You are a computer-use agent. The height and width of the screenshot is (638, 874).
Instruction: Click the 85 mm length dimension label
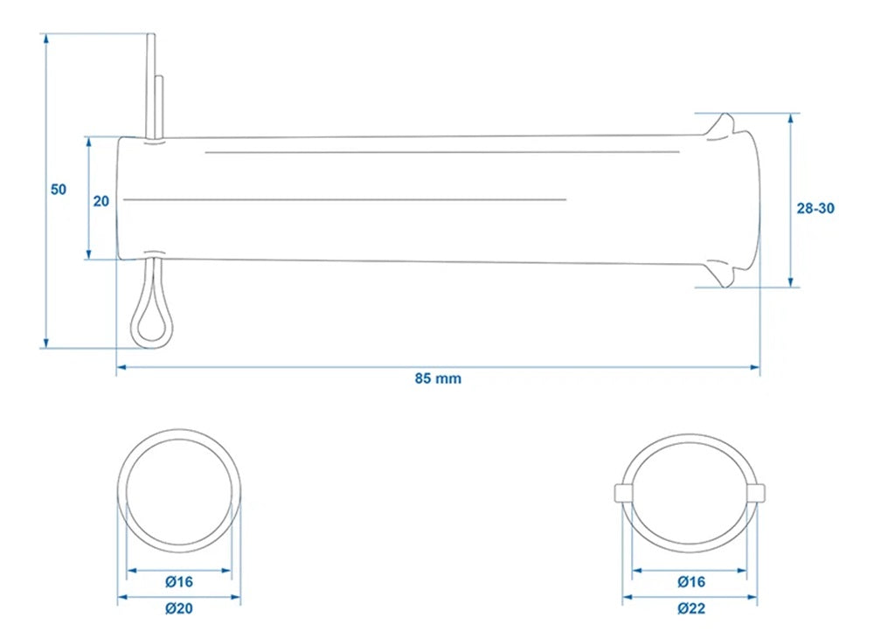coord(438,378)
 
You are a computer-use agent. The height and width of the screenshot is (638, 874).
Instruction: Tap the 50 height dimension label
coord(59,190)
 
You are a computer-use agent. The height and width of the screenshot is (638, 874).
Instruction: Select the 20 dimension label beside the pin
coord(101,201)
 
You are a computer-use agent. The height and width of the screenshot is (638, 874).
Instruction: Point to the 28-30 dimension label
coord(815,208)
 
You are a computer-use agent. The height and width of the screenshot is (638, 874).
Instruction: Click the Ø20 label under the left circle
coord(179,608)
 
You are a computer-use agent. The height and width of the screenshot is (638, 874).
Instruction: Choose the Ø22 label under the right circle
coord(691,608)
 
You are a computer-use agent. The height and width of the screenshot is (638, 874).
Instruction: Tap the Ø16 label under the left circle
coord(179,582)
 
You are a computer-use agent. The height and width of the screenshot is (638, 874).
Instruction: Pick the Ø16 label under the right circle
coord(691,582)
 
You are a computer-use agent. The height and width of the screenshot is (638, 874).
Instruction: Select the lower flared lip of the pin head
coord(723,273)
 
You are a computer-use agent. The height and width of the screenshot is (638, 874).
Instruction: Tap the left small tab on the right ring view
coord(623,493)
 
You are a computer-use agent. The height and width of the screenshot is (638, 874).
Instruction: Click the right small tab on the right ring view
coord(756,493)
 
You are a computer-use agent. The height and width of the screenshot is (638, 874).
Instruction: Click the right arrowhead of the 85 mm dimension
coord(755,367)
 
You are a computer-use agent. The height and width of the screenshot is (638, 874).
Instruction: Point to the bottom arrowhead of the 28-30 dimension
coord(791,282)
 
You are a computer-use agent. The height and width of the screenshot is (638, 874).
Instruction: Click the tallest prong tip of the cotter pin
coord(151,35)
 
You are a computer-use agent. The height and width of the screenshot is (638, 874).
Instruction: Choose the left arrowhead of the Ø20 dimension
coord(122,597)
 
